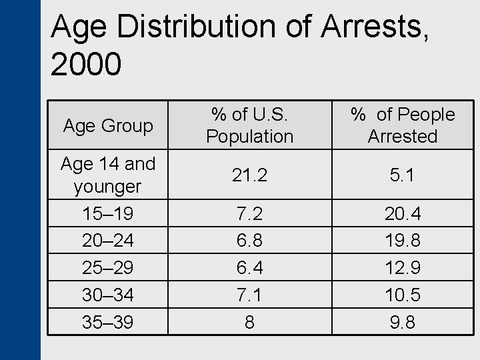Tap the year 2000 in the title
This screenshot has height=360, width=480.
click(x=86, y=64)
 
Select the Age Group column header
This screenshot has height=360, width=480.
click(x=108, y=125)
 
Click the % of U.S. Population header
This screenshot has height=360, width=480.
click(x=249, y=125)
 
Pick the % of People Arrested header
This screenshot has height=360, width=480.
click(x=403, y=125)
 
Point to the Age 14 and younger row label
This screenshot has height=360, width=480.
click(x=108, y=175)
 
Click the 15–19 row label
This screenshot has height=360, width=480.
click(x=108, y=214)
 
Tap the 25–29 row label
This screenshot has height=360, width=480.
click(x=108, y=267)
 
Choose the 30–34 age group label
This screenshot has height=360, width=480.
click(x=108, y=295)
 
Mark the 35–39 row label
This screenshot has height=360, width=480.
click(x=108, y=322)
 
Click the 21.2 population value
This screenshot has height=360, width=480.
click(x=249, y=175)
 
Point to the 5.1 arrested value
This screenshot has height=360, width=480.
click(x=403, y=175)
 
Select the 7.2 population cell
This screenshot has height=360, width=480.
click(x=249, y=214)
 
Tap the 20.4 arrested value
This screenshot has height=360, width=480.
click(x=403, y=214)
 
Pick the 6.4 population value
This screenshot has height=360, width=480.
click(x=249, y=267)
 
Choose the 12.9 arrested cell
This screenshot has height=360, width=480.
click(x=403, y=267)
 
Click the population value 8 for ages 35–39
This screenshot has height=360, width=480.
click(x=249, y=322)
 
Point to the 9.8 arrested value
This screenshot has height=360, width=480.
click(x=403, y=322)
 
